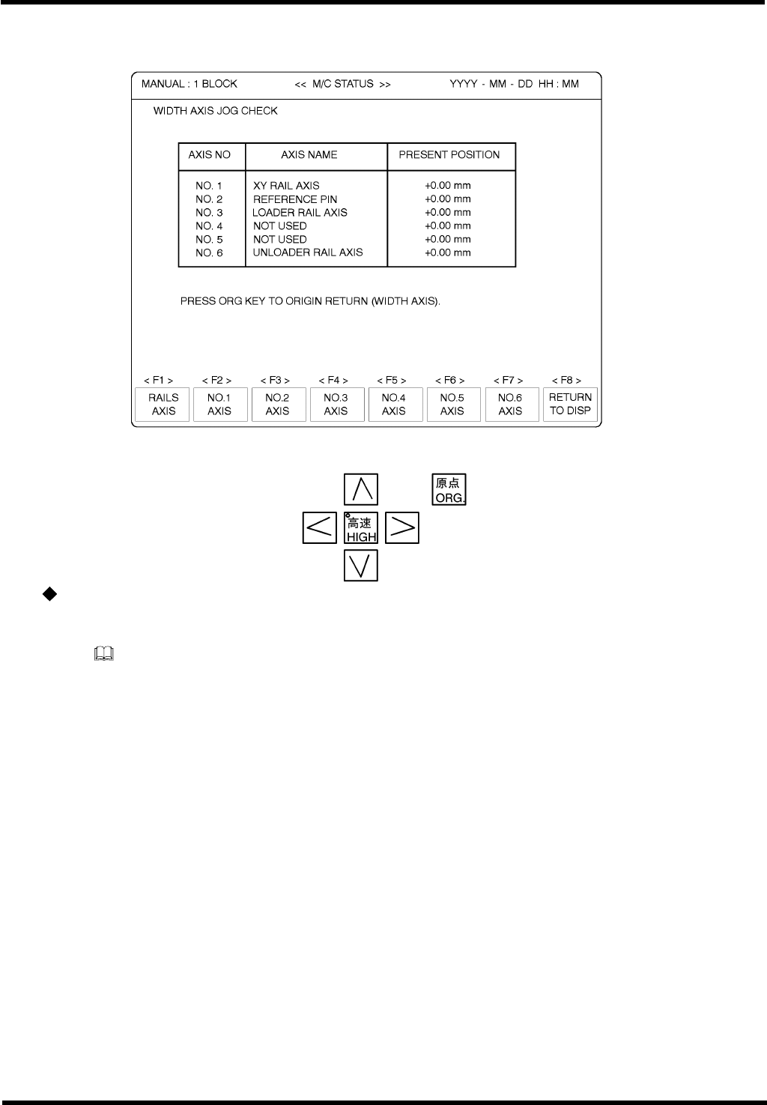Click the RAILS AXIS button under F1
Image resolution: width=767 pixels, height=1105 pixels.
163,405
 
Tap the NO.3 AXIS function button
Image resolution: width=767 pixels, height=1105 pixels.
336,405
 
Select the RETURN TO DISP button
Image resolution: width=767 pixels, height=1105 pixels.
570,405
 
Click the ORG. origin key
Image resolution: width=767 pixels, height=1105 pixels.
449,490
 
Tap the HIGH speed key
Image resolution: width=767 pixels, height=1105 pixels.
361,528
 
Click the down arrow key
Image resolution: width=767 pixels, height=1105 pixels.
361,566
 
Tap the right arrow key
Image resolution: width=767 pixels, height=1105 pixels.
402,528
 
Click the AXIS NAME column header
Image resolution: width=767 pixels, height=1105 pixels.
309,155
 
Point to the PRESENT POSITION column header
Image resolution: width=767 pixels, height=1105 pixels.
449,155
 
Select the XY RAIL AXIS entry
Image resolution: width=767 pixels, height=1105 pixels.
286,186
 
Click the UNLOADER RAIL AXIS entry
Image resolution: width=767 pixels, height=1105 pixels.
308,252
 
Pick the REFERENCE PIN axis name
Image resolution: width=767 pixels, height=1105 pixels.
295,199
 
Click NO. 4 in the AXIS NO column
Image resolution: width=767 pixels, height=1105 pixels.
209,226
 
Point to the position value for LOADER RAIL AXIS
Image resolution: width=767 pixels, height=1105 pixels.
448,213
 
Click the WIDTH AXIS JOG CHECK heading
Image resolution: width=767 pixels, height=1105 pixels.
216,111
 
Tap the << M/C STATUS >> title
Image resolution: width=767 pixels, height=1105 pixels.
342,84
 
